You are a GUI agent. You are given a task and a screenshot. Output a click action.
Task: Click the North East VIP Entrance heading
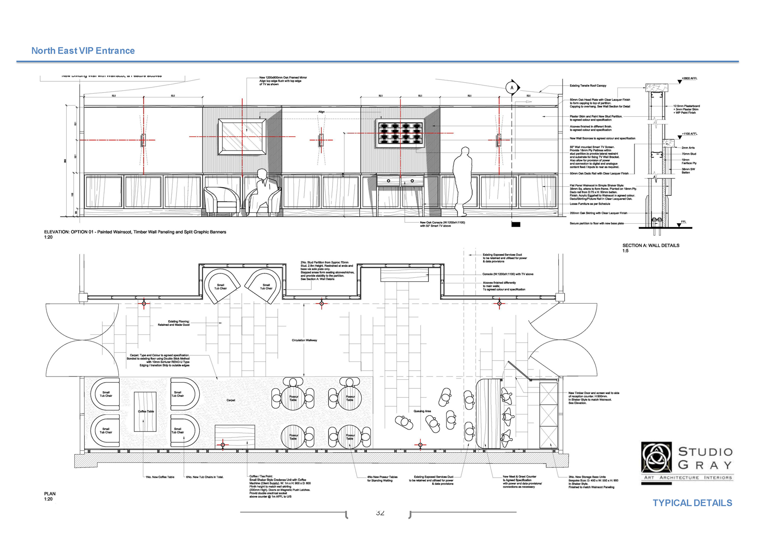coord(83,51)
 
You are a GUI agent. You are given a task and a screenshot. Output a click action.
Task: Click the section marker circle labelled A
coord(511,88)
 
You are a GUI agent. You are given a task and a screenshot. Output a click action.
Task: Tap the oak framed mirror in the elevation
coord(242,137)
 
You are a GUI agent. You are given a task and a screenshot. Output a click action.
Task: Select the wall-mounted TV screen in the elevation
coord(400,132)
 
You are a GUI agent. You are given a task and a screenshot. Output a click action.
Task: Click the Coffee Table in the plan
coord(145,411)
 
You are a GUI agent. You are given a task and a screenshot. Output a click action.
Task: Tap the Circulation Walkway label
coord(304,340)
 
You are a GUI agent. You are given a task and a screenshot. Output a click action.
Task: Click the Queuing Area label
coord(422,411)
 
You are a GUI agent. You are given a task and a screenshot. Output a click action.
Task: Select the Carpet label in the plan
coord(230,400)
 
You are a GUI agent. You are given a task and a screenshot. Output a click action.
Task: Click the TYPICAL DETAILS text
coord(692,503)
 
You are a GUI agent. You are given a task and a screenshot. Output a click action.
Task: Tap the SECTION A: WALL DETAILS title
coord(651,246)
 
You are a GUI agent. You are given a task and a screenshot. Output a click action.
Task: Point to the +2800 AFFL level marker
coord(689,79)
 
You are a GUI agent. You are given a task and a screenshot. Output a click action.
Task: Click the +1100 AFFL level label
coord(689,134)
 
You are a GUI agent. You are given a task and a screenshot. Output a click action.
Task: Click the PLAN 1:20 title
coord(49,496)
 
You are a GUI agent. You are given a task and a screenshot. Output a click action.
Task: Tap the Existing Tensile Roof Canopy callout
coord(588,86)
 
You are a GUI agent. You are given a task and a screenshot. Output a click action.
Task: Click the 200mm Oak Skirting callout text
coord(599,213)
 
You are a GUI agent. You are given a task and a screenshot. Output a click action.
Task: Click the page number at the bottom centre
coord(380,513)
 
